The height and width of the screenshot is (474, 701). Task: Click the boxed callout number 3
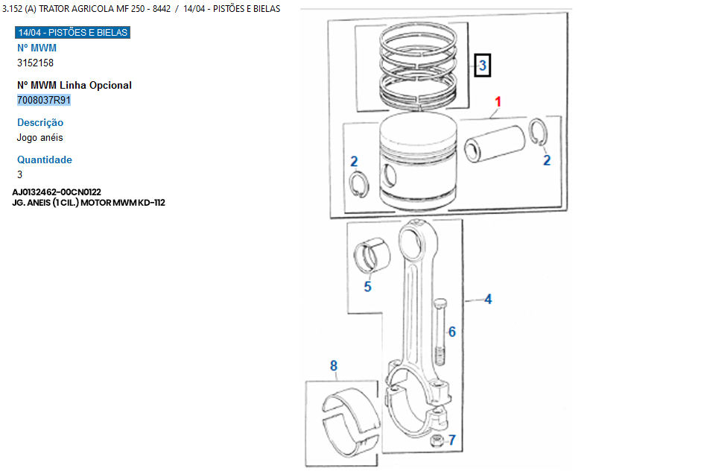pyautogui.click(x=483, y=66)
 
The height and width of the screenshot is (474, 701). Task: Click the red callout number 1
pyautogui.click(x=498, y=102)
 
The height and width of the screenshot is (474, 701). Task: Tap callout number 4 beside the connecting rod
pyautogui.click(x=488, y=299)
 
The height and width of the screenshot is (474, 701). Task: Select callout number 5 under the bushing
pyautogui.click(x=367, y=287)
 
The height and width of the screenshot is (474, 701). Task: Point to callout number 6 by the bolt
pyautogui.click(x=452, y=332)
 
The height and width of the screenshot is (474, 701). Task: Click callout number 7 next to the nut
pyautogui.click(x=452, y=440)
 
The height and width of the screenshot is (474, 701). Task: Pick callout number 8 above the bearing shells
pyautogui.click(x=334, y=366)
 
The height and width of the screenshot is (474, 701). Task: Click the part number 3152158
pyautogui.click(x=35, y=63)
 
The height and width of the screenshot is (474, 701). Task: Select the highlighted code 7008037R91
pyautogui.click(x=44, y=100)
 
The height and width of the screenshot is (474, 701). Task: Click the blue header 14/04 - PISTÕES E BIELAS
pyautogui.click(x=72, y=32)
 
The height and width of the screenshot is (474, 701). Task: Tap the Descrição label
pyautogui.click(x=40, y=122)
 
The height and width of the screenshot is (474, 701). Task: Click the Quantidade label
pyautogui.click(x=44, y=159)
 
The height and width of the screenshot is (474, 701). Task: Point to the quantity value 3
pyautogui.click(x=19, y=174)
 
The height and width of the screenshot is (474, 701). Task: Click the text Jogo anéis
pyautogui.click(x=39, y=138)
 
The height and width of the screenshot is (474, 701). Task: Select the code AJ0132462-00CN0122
pyautogui.click(x=57, y=192)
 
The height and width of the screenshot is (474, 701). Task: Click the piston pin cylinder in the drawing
pyautogui.click(x=495, y=144)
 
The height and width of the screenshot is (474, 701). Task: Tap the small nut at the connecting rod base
pyautogui.click(x=437, y=441)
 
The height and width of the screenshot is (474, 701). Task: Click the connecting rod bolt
pyautogui.click(x=440, y=332)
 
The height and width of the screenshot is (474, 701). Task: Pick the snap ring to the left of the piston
pyautogui.click(x=359, y=185)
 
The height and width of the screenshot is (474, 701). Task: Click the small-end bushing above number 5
pyautogui.click(x=372, y=256)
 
